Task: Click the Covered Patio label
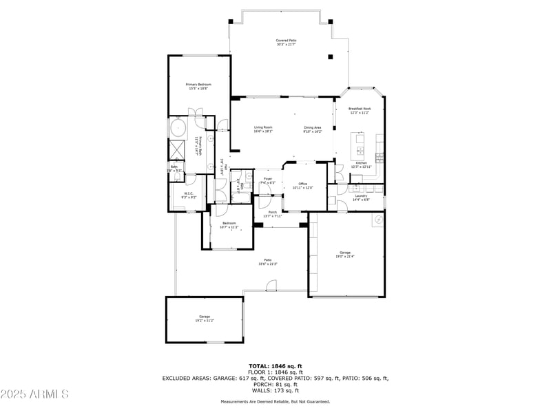pyautogui.click(x=286, y=43)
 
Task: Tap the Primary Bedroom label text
pyautogui.click(x=198, y=86)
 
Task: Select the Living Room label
pyautogui.click(x=263, y=129)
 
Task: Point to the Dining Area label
pyautogui.click(x=313, y=129)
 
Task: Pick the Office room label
pyautogui.click(x=302, y=185)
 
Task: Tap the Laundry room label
pyautogui.click(x=362, y=198)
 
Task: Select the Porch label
pyautogui.click(x=273, y=214)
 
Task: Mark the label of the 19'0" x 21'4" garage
pyautogui.click(x=345, y=255)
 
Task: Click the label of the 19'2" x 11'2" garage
pyautogui.click(x=205, y=318)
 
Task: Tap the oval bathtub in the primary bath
pyautogui.click(x=178, y=128)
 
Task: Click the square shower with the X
pyautogui.click(x=178, y=148)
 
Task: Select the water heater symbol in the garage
pyautogui.click(x=377, y=220)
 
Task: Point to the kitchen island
pyautogui.click(x=359, y=144)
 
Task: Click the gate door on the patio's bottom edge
pyautogui.click(x=272, y=286)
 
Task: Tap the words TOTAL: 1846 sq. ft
pyautogui.click(x=275, y=366)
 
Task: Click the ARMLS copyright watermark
pyautogui.click(x=34, y=394)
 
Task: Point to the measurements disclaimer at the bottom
pyautogui.click(x=275, y=401)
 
